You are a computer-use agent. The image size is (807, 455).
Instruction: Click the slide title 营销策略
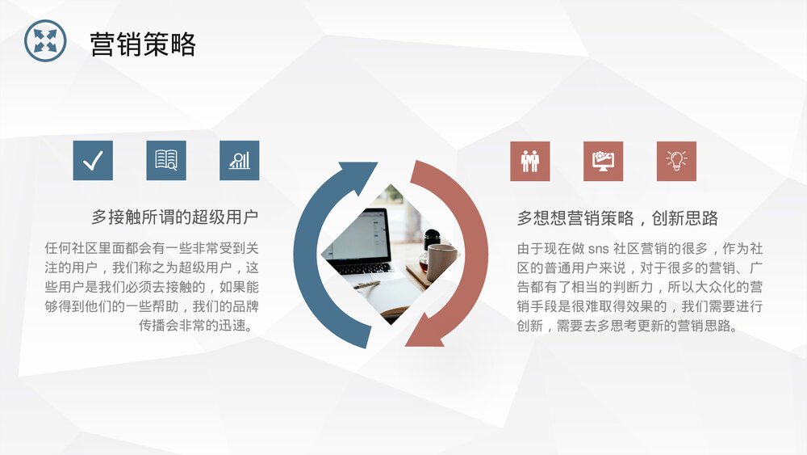pos(143,44)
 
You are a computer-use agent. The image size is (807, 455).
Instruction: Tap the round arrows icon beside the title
pos(45,41)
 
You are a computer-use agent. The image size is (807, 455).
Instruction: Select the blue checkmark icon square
pos(93,160)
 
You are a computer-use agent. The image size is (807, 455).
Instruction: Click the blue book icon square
pos(166,160)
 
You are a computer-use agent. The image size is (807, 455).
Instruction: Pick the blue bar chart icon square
pos(239,160)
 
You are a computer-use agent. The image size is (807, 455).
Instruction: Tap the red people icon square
pos(529,161)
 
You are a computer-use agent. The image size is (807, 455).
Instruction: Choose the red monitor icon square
pos(603,161)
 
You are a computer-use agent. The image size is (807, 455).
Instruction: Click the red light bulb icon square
pos(676,161)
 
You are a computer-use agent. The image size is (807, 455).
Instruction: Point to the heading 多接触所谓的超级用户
pos(174,217)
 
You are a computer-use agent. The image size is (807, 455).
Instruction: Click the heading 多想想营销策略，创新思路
pos(617,218)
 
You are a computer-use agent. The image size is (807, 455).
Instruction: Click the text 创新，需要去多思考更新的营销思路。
pos(627,326)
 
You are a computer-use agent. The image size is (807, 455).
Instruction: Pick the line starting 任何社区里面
pos(152,248)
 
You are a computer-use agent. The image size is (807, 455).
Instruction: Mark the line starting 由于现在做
pos(639,248)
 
